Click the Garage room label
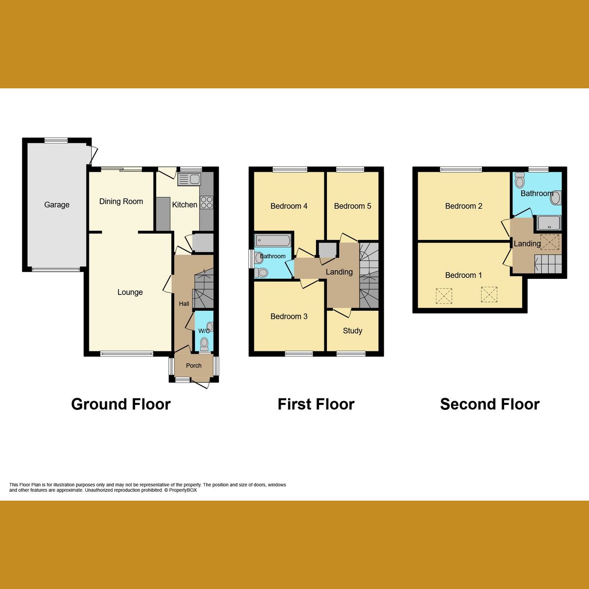tap(57, 205)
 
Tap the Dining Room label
tap(121, 201)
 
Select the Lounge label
tap(130, 292)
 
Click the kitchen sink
tap(189, 179)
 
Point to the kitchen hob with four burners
tap(206, 202)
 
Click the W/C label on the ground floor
tap(204, 331)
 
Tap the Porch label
tap(194, 366)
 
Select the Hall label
tap(184, 304)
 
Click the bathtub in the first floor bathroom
tap(272, 241)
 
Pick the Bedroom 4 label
tap(289, 206)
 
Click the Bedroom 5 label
tap(352, 206)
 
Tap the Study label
tap(352, 331)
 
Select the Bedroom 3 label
tap(289, 317)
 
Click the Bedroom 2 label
tap(464, 206)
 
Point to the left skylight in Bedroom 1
tap(444, 296)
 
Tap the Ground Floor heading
tap(121, 404)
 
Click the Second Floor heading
tap(490, 404)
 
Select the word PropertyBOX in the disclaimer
tap(183, 490)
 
